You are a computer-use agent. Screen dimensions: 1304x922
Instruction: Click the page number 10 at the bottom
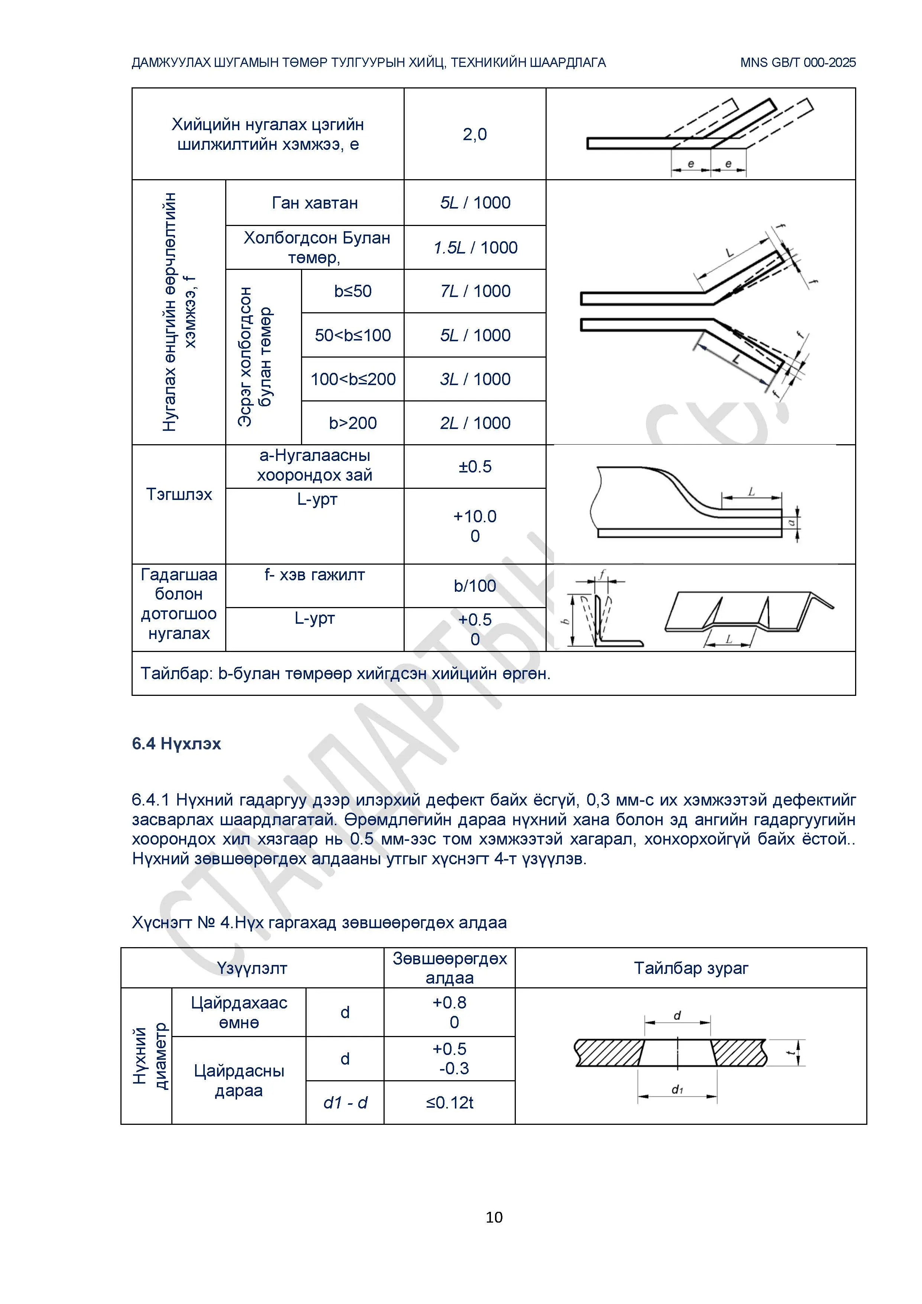point(494,1217)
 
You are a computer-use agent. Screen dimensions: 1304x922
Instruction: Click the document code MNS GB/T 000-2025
point(798,62)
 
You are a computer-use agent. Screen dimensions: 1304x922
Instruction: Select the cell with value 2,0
point(475,135)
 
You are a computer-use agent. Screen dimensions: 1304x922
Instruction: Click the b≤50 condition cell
point(353,291)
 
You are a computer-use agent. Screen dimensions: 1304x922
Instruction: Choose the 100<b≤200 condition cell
point(353,380)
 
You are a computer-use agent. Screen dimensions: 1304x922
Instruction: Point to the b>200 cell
point(353,423)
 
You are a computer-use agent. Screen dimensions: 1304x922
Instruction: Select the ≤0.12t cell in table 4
point(450,1103)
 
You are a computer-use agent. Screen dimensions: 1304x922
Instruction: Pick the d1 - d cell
point(345,1103)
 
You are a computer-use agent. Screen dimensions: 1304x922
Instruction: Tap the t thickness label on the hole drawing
point(790,1053)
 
